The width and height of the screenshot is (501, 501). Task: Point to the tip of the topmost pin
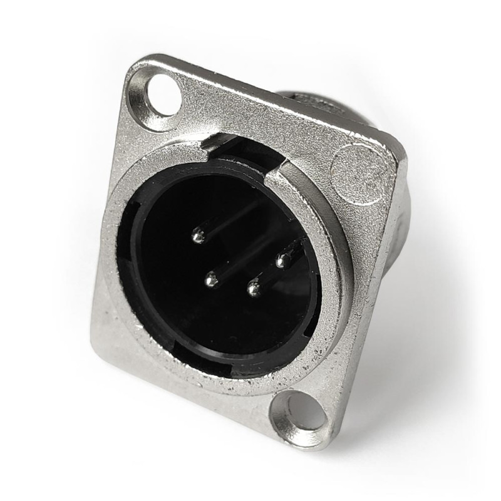[x=199, y=236]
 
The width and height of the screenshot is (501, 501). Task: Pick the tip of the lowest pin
[x=254, y=289]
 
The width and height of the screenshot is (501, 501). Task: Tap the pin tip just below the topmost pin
[x=212, y=280]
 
